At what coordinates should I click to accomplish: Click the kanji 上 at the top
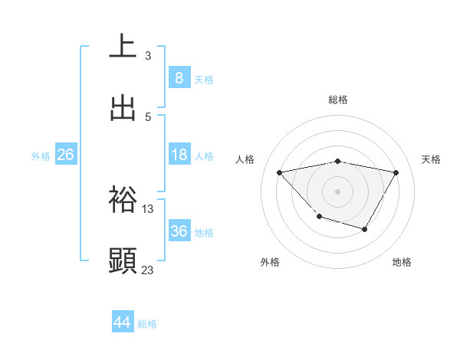[x=123, y=47]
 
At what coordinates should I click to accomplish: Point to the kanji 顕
[x=123, y=260]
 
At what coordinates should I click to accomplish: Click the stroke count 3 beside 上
[x=148, y=55]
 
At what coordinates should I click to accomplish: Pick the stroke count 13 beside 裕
[x=148, y=208]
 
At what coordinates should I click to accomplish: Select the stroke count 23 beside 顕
[x=148, y=270]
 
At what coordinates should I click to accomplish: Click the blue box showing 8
[x=179, y=77]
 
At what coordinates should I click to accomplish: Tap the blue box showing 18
[x=179, y=155]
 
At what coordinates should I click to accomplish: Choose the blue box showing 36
[x=179, y=231]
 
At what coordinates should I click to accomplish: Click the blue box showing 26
[x=65, y=155]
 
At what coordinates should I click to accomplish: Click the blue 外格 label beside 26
[x=41, y=155]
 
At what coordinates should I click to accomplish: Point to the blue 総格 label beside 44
[x=147, y=324]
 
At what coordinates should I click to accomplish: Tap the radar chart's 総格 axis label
[x=338, y=100]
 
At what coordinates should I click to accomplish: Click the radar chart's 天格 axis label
[x=432, y=159]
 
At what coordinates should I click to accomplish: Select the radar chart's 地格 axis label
[x=402, y=262]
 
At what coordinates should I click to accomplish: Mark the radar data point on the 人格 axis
[x=280, y=172]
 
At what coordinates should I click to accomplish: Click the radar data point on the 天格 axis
[x=396, y=172]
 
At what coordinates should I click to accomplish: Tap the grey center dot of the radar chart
[x=338, y=191]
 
